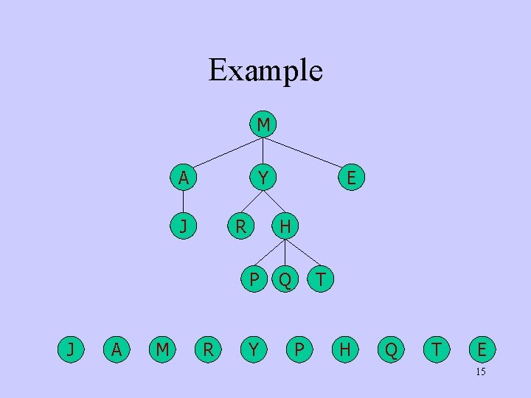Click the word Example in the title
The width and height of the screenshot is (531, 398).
point(265,71)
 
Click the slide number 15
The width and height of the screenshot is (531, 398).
point(480,372)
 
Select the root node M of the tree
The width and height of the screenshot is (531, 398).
point(263,125)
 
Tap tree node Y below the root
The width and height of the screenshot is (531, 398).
point(262,178)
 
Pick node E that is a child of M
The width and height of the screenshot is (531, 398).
point(351,178)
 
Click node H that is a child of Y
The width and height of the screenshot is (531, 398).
point(285,226)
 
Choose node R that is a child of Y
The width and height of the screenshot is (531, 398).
point(240,226)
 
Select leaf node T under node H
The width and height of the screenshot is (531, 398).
point(321,279)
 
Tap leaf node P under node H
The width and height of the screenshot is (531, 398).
point(254,279)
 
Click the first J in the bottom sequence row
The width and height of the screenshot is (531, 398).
point(70,348)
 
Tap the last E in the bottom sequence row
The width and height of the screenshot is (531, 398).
point(482,348)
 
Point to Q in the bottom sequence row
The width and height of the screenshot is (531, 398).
point(391,348)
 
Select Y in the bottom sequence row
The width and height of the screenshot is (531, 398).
point(253,348)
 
